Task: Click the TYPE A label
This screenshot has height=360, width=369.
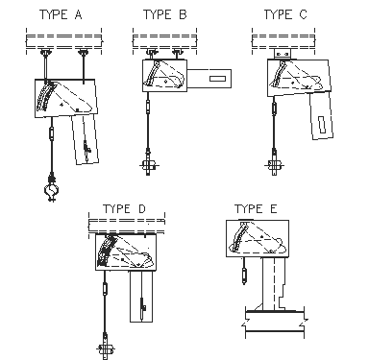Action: point(61,14)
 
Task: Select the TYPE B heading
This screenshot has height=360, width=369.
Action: point(164,14)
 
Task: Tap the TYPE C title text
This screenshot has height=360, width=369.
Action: point(285,14)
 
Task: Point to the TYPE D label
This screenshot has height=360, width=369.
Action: point(124,208)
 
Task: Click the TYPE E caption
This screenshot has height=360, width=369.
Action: point(256,208)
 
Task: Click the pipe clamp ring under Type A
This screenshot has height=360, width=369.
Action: point(52,190)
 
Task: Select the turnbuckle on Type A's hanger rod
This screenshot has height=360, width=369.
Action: point(51,133)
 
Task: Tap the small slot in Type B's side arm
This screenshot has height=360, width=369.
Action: point(217,79)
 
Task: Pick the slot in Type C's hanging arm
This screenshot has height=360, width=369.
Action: point(322,125)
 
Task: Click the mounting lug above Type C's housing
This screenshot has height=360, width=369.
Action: point(283,54)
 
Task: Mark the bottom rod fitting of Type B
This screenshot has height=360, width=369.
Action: point(148,165)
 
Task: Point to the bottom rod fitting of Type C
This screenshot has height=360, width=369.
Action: point(275,165)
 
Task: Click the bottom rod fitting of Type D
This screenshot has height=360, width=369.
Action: point(105,348)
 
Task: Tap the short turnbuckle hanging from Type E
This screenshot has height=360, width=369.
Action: point(244,275)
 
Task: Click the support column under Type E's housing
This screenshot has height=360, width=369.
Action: point(274,283)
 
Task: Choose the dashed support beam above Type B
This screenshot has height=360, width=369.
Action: point(164,41)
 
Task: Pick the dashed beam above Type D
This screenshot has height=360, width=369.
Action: point(127,226)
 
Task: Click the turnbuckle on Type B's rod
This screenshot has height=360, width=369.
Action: point(148,106)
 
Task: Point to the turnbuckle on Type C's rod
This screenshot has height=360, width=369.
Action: point(274,108)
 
